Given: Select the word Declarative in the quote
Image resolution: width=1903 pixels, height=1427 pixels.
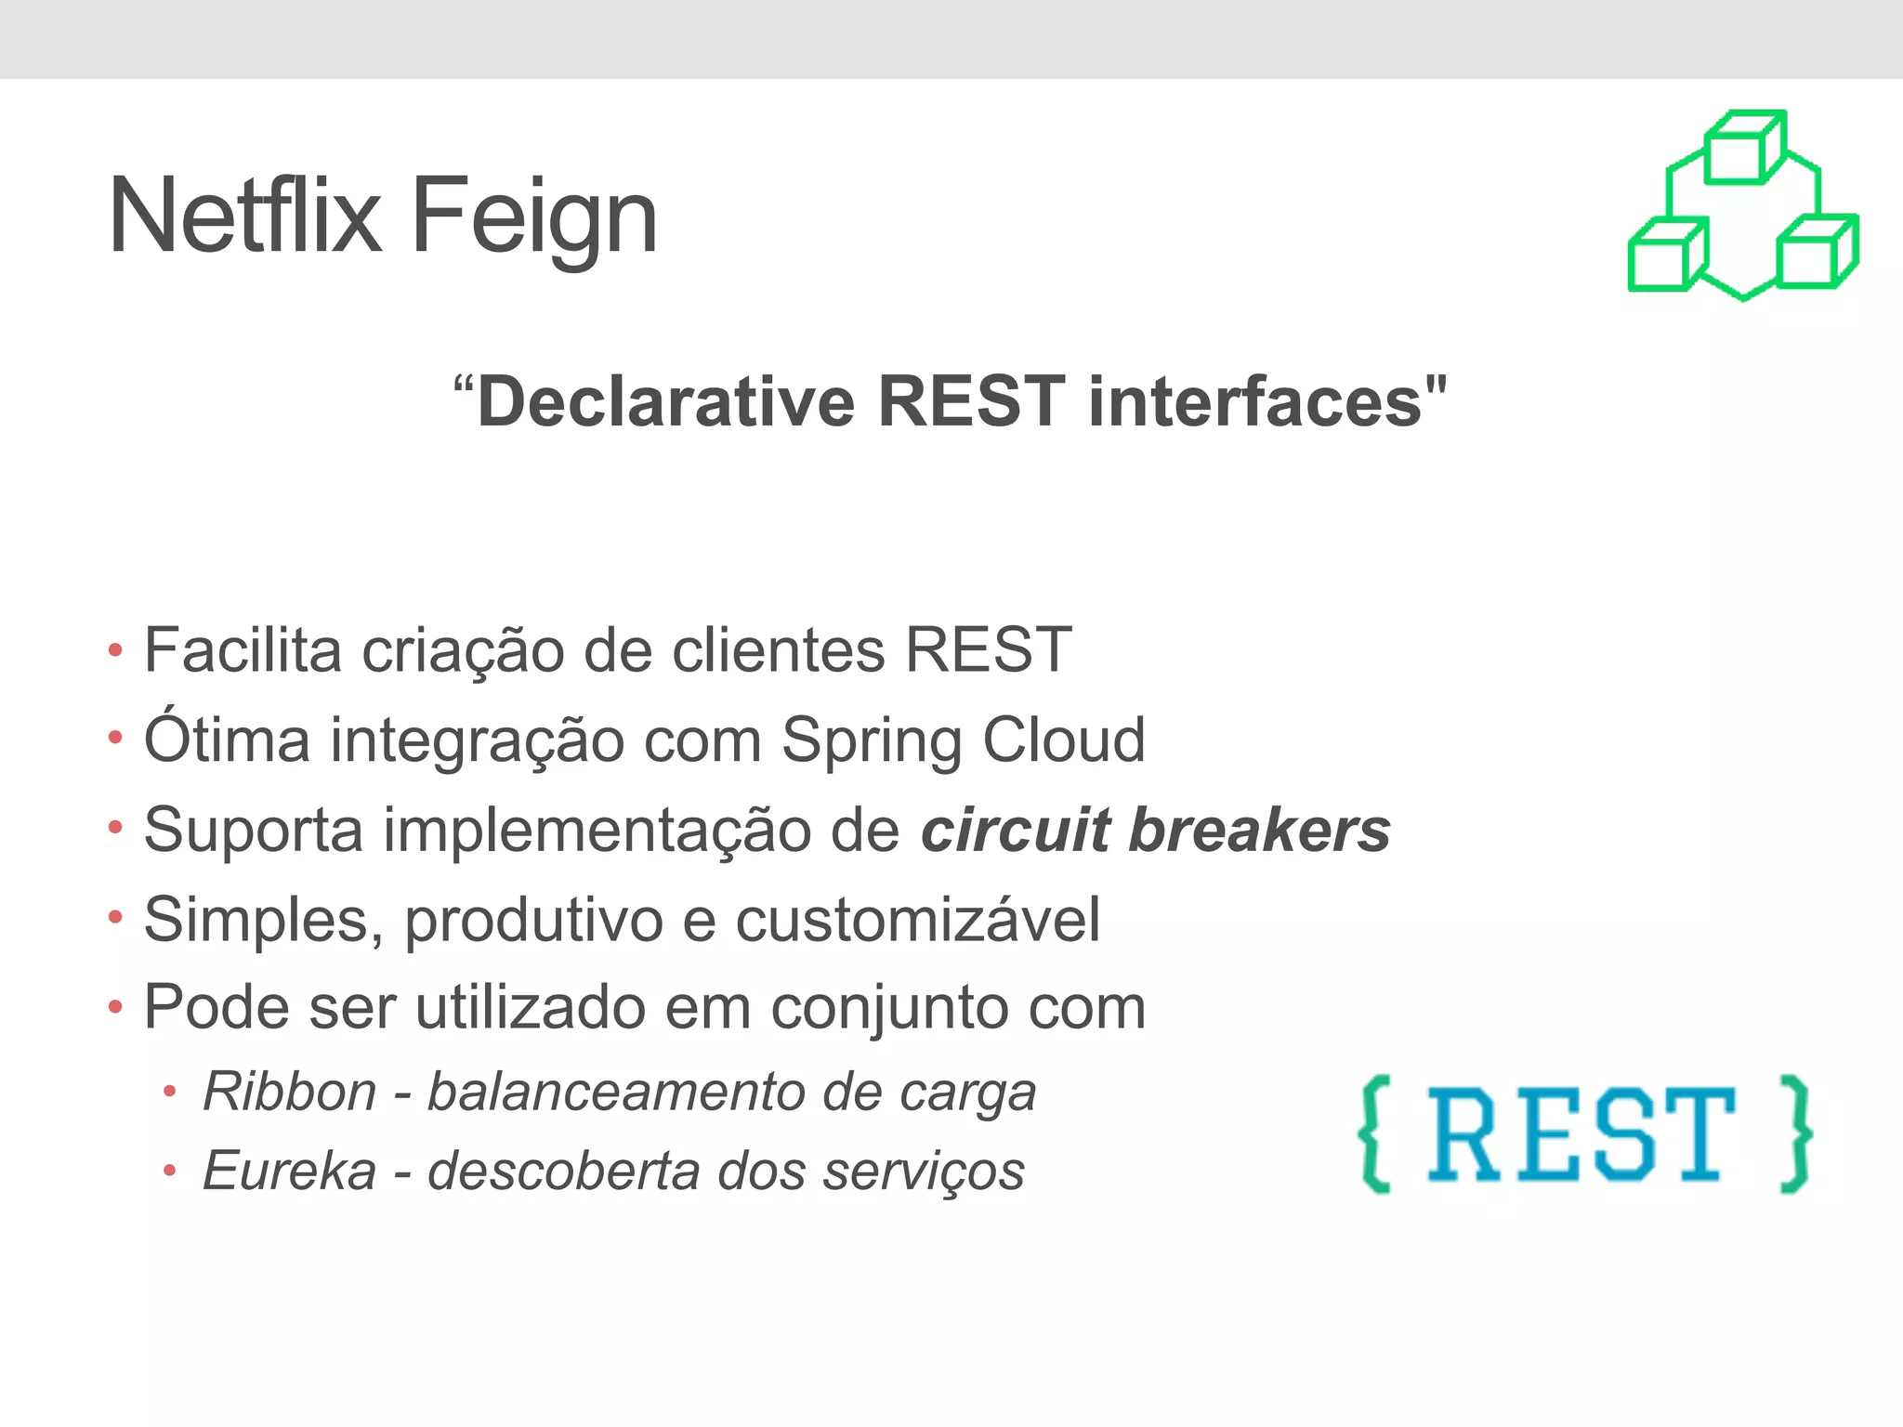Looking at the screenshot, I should tap(665, 402).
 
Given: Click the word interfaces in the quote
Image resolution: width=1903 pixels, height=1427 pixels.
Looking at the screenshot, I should tap(1255, 402).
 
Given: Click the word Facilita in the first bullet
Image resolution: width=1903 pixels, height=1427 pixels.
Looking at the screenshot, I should tap(243, 649).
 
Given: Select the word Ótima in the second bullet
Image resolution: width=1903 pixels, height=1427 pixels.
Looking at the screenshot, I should tap(227, 740).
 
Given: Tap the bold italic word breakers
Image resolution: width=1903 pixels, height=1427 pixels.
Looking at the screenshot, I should tap(1259, 830).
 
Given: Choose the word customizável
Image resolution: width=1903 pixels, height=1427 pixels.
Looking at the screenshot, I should tap(918, 920).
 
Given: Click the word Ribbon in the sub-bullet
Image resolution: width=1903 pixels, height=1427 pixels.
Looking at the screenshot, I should tap(289, 1092).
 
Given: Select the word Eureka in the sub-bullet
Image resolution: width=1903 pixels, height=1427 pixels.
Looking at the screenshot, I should tap(289, 1171).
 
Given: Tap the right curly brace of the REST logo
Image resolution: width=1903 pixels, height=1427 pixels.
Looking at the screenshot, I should tap(1795, 1133).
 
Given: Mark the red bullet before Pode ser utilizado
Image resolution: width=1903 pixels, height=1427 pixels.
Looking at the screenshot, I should tap(115, 1007).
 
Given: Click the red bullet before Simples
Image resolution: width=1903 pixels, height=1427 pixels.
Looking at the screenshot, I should tap(115, 919).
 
